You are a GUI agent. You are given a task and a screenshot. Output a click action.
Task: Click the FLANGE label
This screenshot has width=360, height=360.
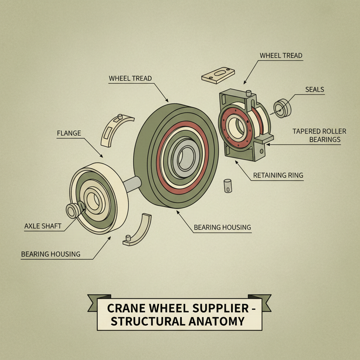(x=69, y=133)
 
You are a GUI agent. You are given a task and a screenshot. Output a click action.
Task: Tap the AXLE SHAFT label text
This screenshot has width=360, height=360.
(x=43, y=226)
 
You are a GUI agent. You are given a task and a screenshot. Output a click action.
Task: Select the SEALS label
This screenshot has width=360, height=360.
(x=314, y=90)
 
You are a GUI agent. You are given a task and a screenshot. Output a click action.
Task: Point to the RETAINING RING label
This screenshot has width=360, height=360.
(x=278, y=175)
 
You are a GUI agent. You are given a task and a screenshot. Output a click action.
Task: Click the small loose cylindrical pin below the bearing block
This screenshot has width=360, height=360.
(x=227, y=185)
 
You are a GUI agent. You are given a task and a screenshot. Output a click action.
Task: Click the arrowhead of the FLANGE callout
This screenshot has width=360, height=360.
(x=102, y=156)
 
